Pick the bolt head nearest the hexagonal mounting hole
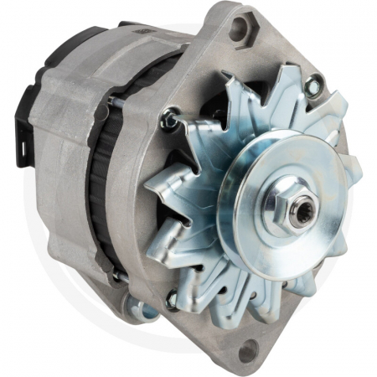pos(313,84)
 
